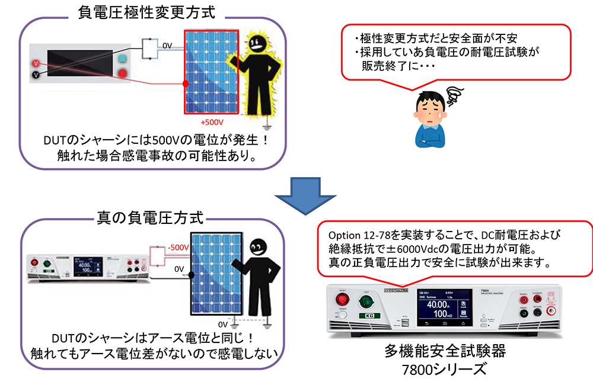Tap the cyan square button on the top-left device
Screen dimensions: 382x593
pos(123,59)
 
